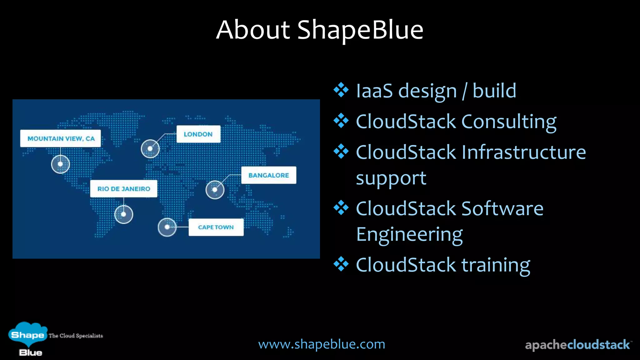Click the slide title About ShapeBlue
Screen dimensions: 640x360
tap(319, 30)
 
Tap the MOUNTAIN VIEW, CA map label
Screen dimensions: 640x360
tap(61, 138)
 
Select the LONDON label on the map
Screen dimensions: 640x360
tap(198, 134)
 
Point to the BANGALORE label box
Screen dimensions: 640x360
tap(268, 175)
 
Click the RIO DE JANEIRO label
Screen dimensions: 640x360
tap(124, 189)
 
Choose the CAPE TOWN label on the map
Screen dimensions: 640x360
tap(216, 227)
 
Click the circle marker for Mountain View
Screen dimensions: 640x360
tap(60, 164)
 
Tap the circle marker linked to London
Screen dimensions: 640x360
tap(150, 148)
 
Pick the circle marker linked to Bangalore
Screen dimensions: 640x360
tap(215, 190)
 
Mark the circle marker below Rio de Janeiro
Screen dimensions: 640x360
tap(124, 214)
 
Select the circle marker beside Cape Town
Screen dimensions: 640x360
tap(167, 227)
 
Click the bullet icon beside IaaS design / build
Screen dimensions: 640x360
tap(341, 90)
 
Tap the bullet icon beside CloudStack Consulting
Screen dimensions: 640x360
tap(341, 121)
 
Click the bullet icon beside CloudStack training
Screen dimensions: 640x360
tap(341, 264)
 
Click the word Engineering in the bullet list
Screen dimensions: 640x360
tap(409, 234)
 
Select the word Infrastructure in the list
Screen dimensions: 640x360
tap(523, 152)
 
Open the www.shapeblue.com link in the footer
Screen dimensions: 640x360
tap(322, 344)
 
